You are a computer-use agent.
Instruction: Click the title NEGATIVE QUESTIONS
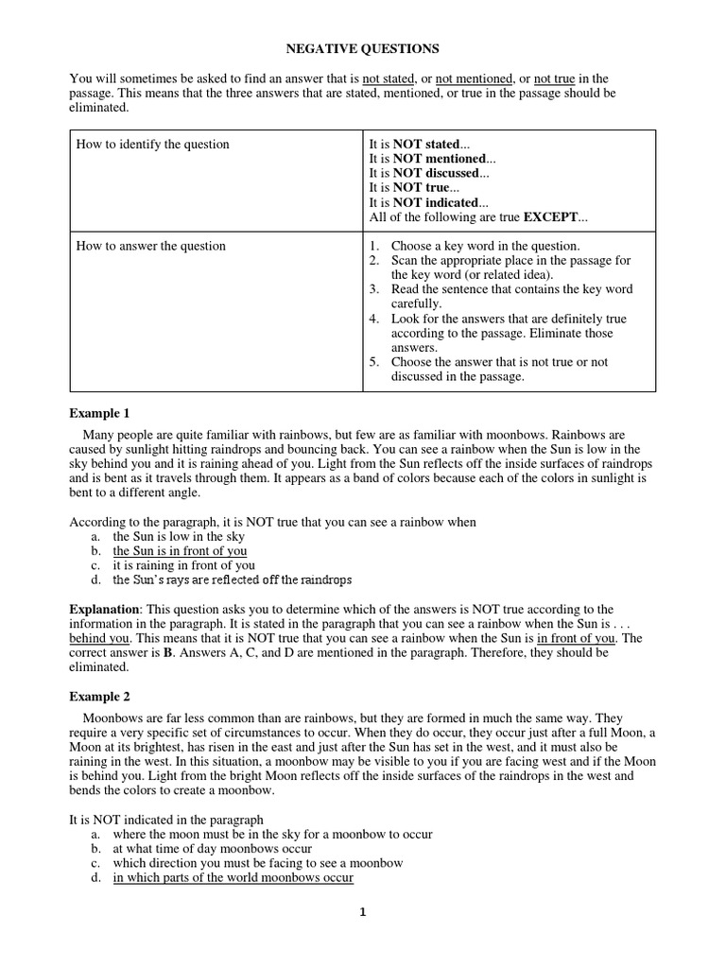[x=363, y=47]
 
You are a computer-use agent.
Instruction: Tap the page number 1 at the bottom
[x=362, y=912]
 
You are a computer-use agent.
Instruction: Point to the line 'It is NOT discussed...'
[x=429, y=174]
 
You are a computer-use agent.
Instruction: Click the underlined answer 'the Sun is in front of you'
[x=180, y=551]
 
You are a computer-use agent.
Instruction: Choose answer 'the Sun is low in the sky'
[x=179, y=537]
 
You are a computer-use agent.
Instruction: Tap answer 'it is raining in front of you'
[x=184, y=565]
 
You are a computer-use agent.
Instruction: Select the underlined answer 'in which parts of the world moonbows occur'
[x=233, y=878]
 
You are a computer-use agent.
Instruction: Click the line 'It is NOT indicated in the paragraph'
[x=167, y=820]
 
